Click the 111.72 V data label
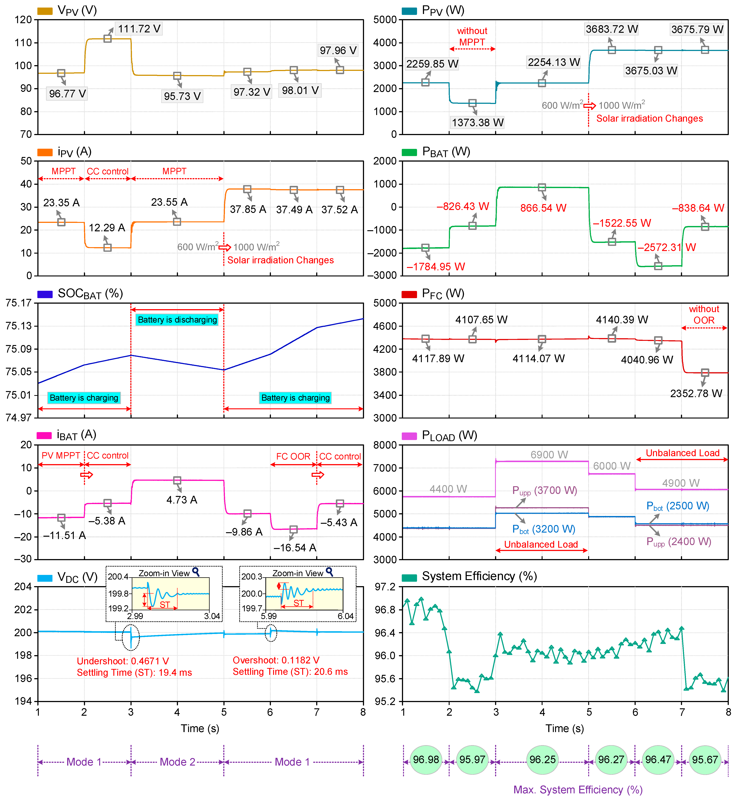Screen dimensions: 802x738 pyautogui.click(x=139, y=29)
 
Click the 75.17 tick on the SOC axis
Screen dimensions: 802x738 pyautogui.click(x=18, y=303)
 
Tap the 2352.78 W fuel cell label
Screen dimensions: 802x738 pyautogui.click(x=696, y=393)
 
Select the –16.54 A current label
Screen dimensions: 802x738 pyautogui.click(x=295, y=548)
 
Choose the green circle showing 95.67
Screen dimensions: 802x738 pyautogui.click(x=705, y=760)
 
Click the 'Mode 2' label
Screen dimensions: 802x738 pyautogui.click(x=177, y=762)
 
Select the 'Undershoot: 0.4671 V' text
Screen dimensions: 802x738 pyautogui.click(x=123, y=661)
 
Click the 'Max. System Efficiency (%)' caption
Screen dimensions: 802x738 pyautogui.click(x=578, y=790)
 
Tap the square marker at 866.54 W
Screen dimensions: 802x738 pyautogui.click(x=542, y=187)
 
